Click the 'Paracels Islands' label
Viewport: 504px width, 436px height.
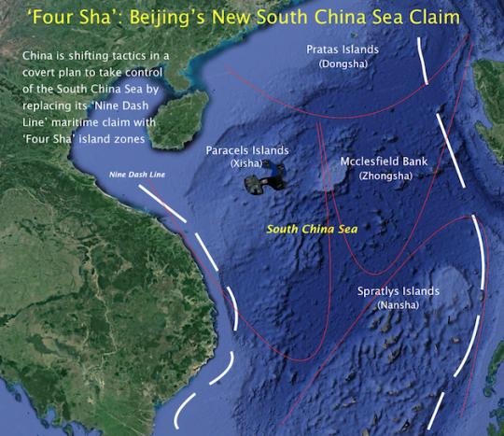[247, 149]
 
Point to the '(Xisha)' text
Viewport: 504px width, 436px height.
[246, 162]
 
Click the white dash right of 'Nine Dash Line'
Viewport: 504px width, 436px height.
[155, 192]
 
